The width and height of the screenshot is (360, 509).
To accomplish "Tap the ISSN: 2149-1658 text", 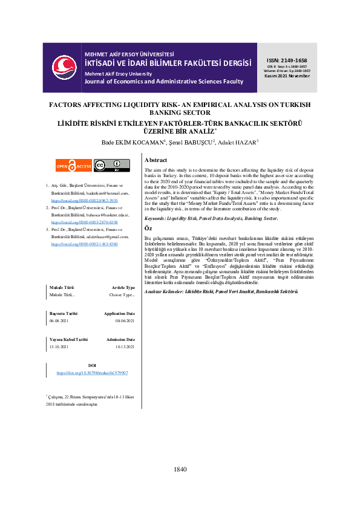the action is click(287, 60).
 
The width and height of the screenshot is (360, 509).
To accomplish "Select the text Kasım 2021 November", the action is click(287, 77).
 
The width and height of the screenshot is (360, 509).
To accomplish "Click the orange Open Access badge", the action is click(73, 165).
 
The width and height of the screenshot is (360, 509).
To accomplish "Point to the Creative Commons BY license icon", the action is click(111, 165).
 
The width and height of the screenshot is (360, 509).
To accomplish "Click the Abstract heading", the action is click(155, 160).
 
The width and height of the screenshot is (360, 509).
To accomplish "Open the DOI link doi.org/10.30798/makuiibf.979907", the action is click(92, 374).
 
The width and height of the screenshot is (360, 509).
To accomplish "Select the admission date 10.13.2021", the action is click(123, 348).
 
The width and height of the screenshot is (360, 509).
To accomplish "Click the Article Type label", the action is click(123, 288).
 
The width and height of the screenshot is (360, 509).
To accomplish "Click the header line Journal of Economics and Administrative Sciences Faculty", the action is click(163, 81).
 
